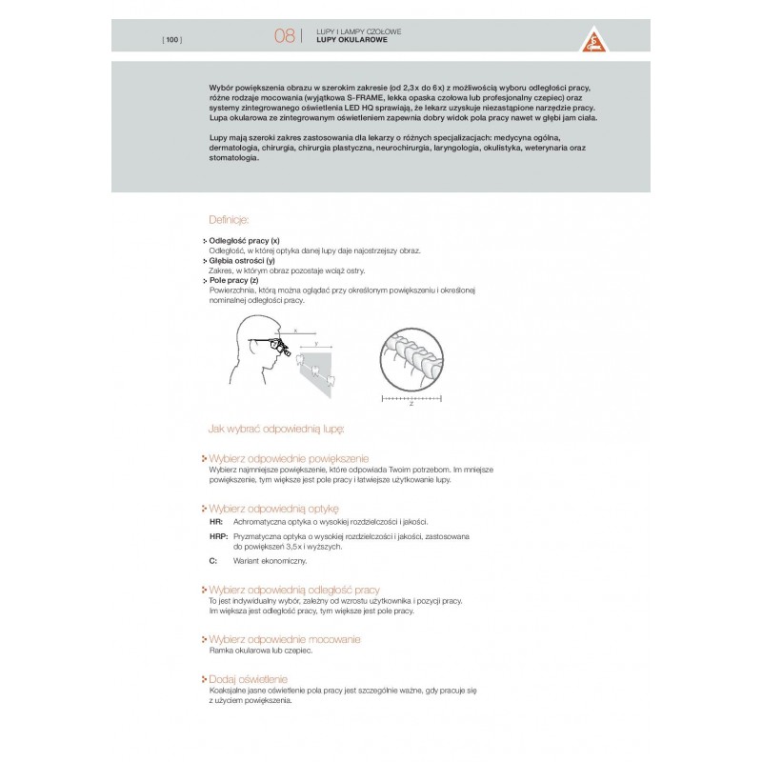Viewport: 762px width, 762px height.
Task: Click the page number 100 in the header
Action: pyautogui.click(x=172, y=38)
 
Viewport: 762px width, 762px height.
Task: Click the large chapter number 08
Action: pyautogui.click(x=284, y=36)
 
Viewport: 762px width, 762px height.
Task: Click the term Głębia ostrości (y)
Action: pyautogui.click(x=241, y=260)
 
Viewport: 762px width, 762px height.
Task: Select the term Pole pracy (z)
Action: pyautogui.click(x=233, y=280)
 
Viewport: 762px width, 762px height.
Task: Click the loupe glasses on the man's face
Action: pyautogui.click(x=279, y=348)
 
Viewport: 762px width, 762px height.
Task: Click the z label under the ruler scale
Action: pyautogui.click(x=411, y=403)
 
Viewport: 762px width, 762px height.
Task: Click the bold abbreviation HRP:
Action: pyautogui.click(x=218, y=538)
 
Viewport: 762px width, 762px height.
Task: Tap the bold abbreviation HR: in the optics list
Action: pyautogui.click(x=215, y=523)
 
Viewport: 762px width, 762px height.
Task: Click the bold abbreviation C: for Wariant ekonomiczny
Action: pyautogui.click(x=212, y=562)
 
